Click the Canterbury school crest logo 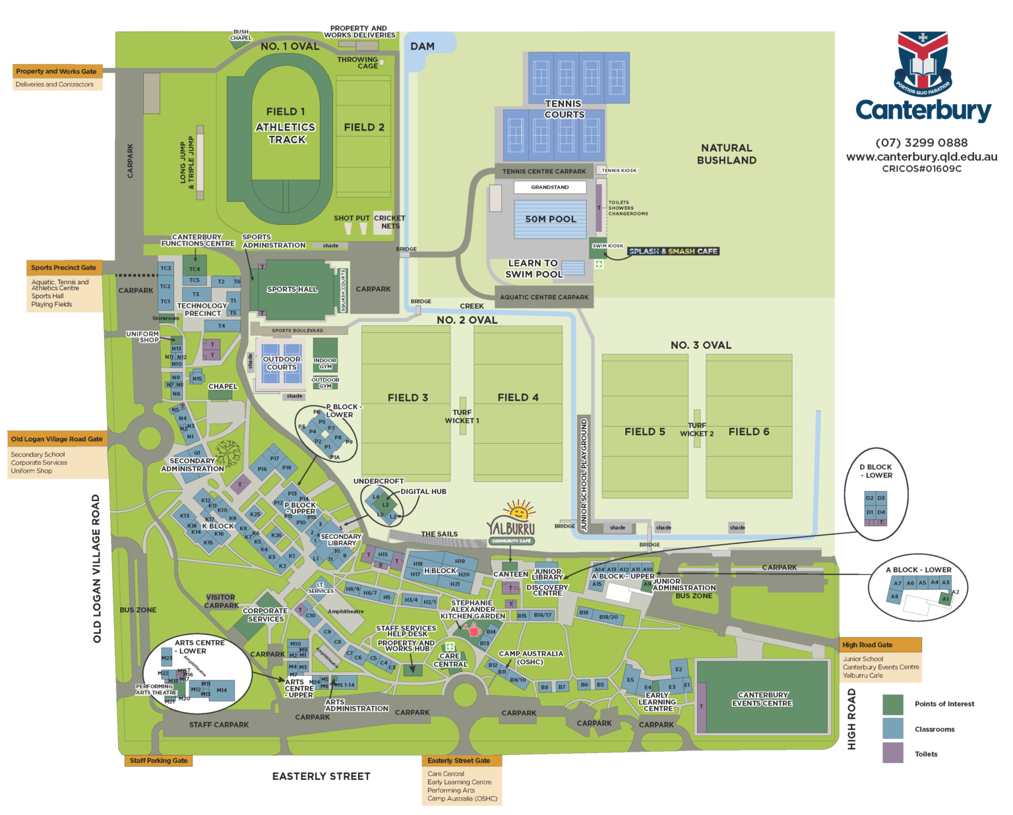point(923,63)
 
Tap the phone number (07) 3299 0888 point(921,142)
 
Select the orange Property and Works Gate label point(57,71)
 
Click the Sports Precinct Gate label point(64,268)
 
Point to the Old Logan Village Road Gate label point(57,439)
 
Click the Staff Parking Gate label point(158,760)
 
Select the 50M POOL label point(550,219)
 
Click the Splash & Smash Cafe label point(673,251)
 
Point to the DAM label point(422,46)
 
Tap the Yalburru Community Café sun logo point(518,512)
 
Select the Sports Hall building point(292,289)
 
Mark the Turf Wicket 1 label point(462,416)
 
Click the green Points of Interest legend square point(892,704)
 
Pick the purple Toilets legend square point(892,753)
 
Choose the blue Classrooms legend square point(892,729)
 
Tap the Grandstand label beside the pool point(550,187)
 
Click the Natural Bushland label point(726,154)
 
